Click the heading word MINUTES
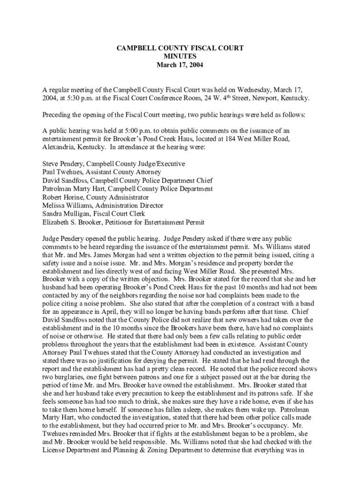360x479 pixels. pyautogui.click(x=180, y=57)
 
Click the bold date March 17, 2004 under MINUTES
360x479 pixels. pyautogui.click(x=180, y=65)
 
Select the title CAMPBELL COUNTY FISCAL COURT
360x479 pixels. pyautogui.click(x=180, y=48)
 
